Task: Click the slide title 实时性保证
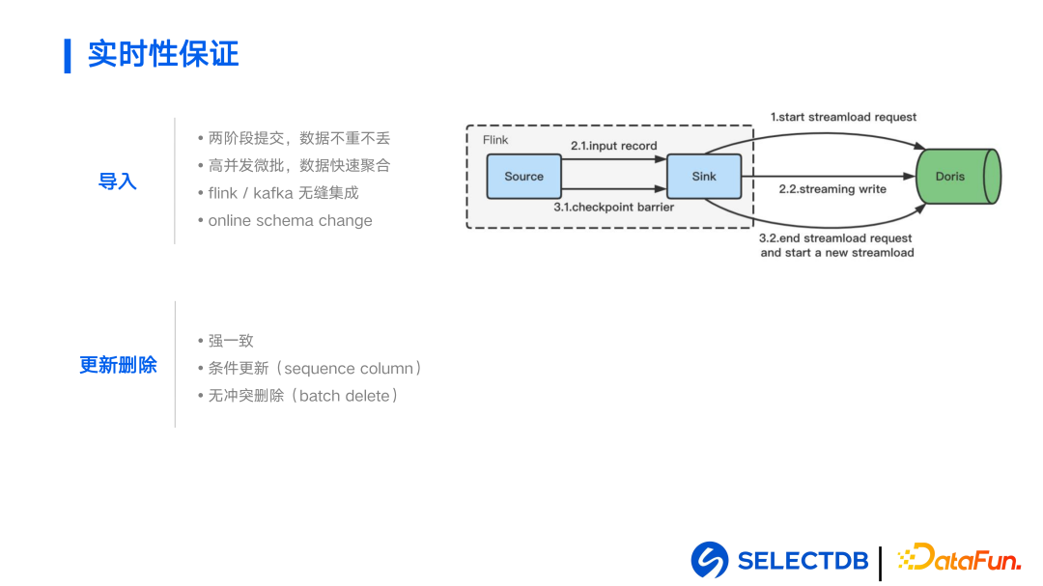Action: (162, 54)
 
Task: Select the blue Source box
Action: (523, 177)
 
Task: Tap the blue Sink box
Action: (704, 177)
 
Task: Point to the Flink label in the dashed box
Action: (495, 140)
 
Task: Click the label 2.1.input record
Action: (613, 146)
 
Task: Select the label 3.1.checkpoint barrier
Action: (613, 207)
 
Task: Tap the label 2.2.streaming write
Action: (832, 189)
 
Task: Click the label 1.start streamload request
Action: (843, 117)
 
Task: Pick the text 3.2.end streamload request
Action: (835, 238)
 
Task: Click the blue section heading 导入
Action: (118, 181)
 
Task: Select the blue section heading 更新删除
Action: (118, 365)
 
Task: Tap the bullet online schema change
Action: (290, 220)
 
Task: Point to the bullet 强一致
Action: (231, 341)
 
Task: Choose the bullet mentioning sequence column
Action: (315, 368)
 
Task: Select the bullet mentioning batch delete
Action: (303, 395)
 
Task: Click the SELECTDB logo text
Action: (802, 560)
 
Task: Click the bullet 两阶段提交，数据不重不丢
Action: (298, 138)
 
